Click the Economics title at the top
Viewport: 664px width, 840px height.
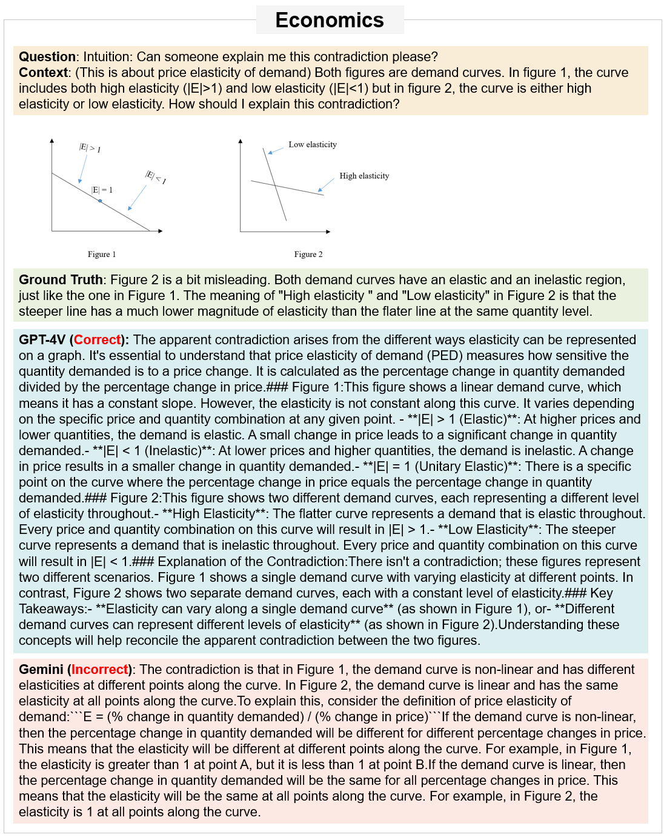pos(330,20)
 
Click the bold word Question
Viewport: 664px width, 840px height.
pos(47,57)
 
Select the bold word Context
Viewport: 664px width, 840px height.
pos(43,73)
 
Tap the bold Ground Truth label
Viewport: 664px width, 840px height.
pos(61,280)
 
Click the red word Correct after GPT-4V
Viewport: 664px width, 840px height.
pos(97,340)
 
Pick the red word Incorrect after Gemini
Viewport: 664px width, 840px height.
pos(100,670)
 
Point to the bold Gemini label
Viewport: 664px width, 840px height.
pos(41,670)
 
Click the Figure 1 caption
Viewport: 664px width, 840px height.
pos(102,255)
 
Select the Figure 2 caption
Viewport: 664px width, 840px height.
pos(308,255)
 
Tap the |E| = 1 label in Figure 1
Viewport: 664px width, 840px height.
pos(102,190)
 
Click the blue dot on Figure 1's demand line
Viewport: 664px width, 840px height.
pos(100,201)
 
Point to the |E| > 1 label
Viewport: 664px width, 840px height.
pos(90,147)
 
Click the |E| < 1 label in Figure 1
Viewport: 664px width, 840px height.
pos(156,177)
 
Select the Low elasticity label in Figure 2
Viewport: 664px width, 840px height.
pos(312,145)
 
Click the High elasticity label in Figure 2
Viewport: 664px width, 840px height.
pos(364,176)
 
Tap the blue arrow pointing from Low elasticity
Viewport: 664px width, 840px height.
pos(276,150)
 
